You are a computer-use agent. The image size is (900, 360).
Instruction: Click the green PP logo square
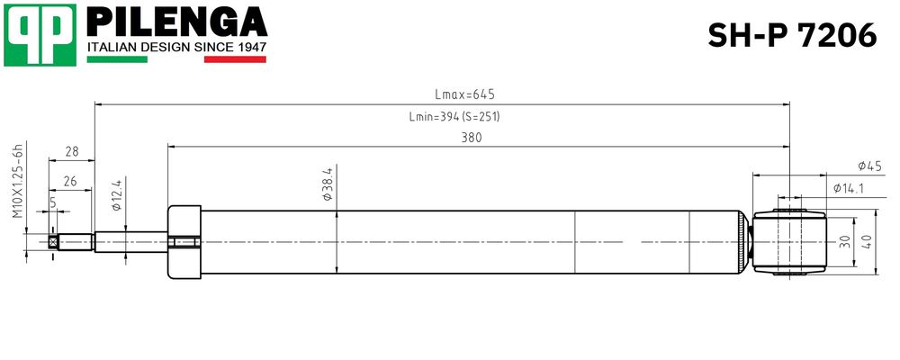(40, 35)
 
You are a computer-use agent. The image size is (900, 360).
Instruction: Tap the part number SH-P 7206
(792, 36)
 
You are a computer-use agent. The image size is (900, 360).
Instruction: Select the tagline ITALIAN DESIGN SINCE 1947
(176, 47)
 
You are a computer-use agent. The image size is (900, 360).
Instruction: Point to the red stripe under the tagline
(235, 59)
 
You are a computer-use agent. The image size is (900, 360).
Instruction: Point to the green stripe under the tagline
(117, 59)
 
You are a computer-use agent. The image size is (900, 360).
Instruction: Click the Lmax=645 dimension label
(465, 94)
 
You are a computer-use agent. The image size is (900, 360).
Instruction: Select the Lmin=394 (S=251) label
(454, 117)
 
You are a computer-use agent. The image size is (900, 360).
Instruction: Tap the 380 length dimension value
(472, 138)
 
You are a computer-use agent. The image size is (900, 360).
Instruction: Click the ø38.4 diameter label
(328, 184)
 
